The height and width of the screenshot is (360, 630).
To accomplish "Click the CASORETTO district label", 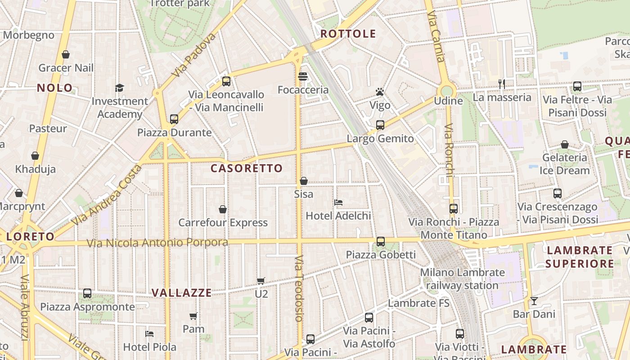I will [x=247, y=168].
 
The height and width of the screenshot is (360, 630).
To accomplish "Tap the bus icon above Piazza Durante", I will [x=174, y=119].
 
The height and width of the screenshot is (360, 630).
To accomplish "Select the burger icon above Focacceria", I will [x=303, y=76].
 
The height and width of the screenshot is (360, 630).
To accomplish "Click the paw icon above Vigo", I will [x=380, y=92].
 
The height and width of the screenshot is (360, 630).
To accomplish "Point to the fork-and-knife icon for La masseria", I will [x=502, y=84].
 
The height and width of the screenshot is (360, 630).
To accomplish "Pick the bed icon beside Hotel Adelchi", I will [x=338, y=202].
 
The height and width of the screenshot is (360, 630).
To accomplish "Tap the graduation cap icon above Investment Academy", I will [x=119, y=88].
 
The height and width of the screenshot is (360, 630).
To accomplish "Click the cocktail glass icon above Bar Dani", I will [x=534, y=301].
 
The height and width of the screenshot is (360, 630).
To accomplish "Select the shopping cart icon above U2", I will [x=261, y=281].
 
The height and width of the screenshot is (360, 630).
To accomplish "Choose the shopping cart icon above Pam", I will [x=193, y=316].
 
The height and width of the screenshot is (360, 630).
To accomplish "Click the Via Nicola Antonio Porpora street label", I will [x=157, y=243].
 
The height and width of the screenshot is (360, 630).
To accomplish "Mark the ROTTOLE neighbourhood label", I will [x=348, y=34].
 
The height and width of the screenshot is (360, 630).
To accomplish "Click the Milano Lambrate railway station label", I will [x=462, y=279].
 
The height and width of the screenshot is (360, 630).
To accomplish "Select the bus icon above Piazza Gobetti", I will [x=381, y=242].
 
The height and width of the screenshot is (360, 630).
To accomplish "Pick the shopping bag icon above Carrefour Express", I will [x=223, y=209].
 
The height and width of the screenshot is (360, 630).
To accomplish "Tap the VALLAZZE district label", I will [x=181, y=293].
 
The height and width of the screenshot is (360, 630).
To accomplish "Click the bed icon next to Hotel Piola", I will [x=149, y=334].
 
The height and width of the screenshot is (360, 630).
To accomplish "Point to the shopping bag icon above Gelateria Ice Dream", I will [x=565, y=144].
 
